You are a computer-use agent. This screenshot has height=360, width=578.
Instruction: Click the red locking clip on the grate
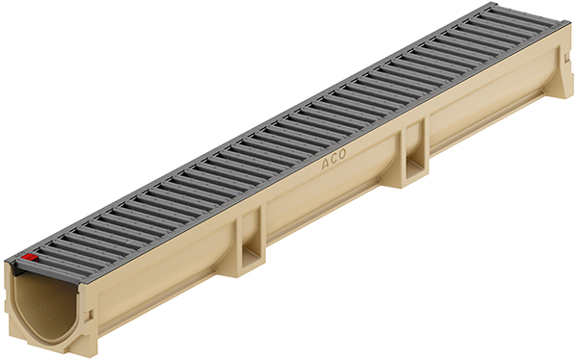[30, 258]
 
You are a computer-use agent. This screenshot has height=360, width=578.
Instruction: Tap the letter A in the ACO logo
[327, 164]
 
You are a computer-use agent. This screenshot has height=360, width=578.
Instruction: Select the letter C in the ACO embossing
[333, 159]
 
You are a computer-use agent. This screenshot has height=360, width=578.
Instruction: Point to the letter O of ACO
[342, 154]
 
